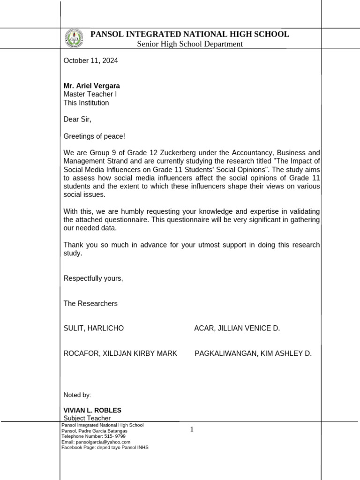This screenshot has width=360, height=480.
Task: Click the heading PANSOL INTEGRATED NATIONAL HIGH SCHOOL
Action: pos(189,34)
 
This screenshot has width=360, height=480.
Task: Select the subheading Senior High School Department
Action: pos(189,44)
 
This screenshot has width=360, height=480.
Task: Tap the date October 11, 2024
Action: pos(90,60)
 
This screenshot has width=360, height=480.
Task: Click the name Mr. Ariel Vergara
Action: pos(91,86)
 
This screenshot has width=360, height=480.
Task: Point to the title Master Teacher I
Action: pos(90,94)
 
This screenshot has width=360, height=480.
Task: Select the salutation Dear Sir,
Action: pos(77,120)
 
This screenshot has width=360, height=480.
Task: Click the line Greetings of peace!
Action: pos(94,136)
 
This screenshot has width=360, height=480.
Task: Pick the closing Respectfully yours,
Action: pos(93,278)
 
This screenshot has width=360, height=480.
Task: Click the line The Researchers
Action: pos(90,303)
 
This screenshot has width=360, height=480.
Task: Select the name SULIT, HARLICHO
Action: pos(94,328)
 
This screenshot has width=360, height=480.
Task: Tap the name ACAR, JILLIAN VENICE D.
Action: pos(237,328)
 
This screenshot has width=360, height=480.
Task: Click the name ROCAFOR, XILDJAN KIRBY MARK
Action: pos(120,353)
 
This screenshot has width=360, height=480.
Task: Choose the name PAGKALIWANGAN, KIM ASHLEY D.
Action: pos(253,353)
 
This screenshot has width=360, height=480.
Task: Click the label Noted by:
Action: pos(77,395)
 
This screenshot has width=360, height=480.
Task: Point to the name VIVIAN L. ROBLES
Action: pos(92,410)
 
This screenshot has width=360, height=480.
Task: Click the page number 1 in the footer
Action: pos(192,429)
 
